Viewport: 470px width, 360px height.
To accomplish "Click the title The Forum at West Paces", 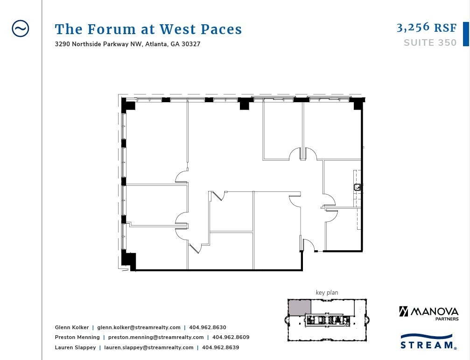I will coord(148,29).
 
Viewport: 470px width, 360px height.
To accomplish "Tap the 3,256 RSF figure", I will coord(426,28).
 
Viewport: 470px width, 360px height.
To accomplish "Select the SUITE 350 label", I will coord(430,43).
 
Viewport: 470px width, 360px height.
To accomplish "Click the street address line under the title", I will coord(127,44).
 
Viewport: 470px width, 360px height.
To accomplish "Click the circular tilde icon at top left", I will coord(20,28).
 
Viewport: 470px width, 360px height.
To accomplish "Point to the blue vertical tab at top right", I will coord(465,34).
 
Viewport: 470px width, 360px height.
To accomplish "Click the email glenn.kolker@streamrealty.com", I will coord(139,327).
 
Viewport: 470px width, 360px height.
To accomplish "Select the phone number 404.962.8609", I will coord(231,337).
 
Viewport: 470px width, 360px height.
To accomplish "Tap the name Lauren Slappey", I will coord(75,347).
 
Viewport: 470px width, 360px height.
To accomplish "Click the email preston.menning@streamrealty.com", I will coord(156,337).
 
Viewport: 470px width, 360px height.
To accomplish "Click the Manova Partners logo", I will coord(428,312).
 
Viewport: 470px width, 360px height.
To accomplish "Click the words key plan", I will coord(327,293).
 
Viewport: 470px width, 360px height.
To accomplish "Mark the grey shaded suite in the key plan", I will coord(299,307).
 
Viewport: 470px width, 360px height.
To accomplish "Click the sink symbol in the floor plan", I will coord(358,187).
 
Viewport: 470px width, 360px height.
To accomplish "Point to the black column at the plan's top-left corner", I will coord(128,104).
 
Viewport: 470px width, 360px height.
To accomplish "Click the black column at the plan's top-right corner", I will coord(358,103).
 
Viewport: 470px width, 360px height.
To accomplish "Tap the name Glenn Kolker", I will coord(72,327).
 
